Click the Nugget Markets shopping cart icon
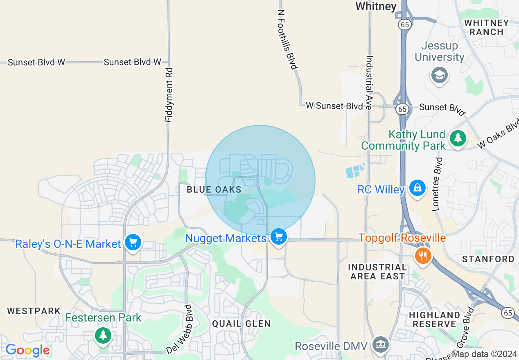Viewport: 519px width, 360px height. tap(279, 236)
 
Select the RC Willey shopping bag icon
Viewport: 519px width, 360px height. tap(417, 188)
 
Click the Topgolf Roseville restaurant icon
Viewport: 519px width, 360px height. tap(423, 256)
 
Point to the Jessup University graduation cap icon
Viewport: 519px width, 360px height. tap(440, 75)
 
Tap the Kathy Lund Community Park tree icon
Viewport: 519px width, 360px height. tap(458, 138)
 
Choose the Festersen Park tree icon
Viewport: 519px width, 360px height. tap(103, 335)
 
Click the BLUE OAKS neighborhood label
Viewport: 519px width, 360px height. tap(214, 190)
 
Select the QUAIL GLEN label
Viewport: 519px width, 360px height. tap(241, 324)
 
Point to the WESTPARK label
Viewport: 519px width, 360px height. tap(34, 311)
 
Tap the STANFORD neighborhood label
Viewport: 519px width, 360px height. tap(488, 259)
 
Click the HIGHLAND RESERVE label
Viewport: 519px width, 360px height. tap(434, 319)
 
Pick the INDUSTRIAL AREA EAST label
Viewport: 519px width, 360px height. tap(377, 272)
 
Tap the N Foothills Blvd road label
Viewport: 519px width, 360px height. tap(288, 40)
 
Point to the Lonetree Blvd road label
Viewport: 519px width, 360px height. tap(437, 184)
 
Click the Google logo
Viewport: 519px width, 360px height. tap(27, 351)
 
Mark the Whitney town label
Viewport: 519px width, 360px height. tap(376, 6)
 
